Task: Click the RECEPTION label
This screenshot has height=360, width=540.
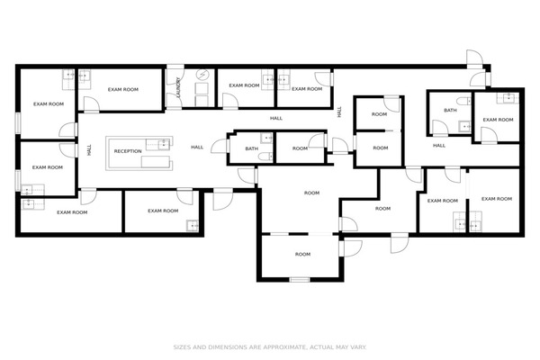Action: pyautogui.click(x=128, y=151)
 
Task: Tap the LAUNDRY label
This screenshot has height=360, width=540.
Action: pyautogui.click(x=178, y=86)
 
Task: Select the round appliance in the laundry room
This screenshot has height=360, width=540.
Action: pyautogui.click(x=202, y=75)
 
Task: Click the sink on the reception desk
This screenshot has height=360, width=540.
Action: pyautogui.click(x=163, y=144)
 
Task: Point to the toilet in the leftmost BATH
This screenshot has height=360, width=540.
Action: pyautogui.click(x=265, y=157)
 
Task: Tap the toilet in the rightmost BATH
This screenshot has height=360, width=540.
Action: pyautogui.click(x=464, y=101)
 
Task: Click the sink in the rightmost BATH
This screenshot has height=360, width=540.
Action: pyautogui.click(x=465, y=126)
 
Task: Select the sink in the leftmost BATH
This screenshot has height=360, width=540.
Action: pyautogui.click(x=267, y=138)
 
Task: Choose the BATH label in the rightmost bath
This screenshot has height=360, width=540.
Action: pyautogui.click(x=450, y=110)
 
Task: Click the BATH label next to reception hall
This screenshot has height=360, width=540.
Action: pyautogui.click(x=252, y=148)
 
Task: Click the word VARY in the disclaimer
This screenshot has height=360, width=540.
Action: pyautogui.click(x=359, y=346)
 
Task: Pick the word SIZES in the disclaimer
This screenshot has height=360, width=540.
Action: pyautogui.click(x=181, y=346)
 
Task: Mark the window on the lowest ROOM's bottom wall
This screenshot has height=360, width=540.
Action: pyautogui.click(x=300, y=279)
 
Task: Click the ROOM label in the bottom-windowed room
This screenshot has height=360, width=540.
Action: pyautogui.click(x=302, y=254)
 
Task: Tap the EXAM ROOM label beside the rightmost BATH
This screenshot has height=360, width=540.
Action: pyautogui.click(x=498, y=120)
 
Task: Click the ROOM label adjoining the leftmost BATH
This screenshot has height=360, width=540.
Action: pyautogui.click(x=300, y=148)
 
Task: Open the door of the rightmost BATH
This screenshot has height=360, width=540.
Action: pyautogui.click(x=440, y=128)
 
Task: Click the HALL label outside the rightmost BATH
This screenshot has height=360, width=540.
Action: pyautogui.click(x=439, y=146)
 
